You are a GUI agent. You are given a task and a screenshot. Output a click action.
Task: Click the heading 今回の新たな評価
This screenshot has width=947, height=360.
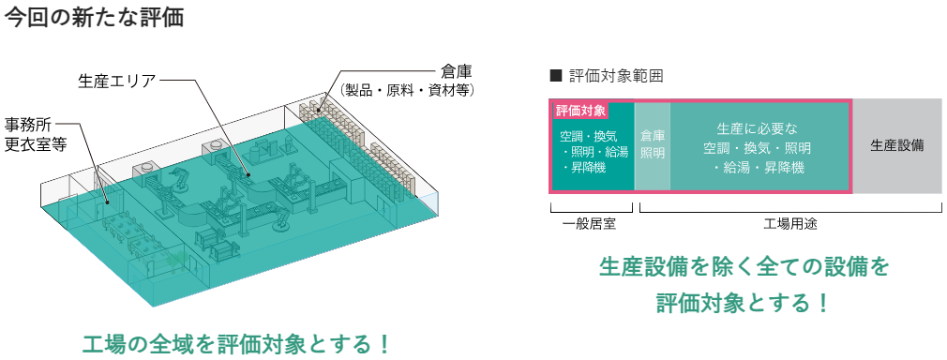pyautogui.click(x=94, y=17)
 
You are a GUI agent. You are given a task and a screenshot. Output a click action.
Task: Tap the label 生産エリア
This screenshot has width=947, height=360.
pyautogui.click(x=116, y=81)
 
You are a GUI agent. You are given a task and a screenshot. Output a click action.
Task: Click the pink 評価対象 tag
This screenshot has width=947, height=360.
pyautogui.click(x=580, y=111)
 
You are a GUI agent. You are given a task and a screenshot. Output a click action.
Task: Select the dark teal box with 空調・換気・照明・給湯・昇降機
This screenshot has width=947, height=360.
pyautogui.click(x=593, y=152)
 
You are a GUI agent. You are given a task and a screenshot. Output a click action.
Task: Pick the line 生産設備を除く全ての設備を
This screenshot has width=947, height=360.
pyautogui.click(x=743, y=267)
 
